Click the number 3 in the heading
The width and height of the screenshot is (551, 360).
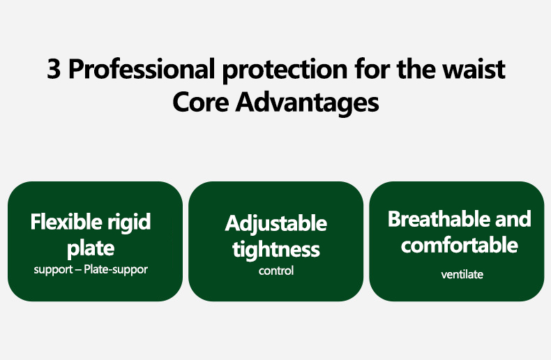tap(54, 69)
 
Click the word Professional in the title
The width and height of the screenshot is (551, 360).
tap(142, 68)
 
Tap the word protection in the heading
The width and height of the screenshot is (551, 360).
tap(285, 70)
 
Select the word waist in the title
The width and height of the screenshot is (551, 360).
tap(474, 69)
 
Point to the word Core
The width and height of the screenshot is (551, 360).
tap(201, 103)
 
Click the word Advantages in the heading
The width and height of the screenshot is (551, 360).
tap(308, 104)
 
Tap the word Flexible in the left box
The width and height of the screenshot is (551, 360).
tap(66, 221)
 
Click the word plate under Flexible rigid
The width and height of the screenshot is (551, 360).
tap(91, 248)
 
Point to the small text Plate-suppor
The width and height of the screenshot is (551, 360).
tap(116, 269)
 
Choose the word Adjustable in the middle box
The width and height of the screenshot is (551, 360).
tap(276, 224)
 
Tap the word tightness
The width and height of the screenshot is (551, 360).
tap(276, 250)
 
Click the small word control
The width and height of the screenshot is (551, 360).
tap(276, 271)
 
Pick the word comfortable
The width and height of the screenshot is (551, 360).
tap(460, 245)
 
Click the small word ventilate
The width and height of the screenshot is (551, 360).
tap(462, 275)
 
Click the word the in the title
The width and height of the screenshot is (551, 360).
tap(417, 68)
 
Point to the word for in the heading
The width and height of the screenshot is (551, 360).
tap(372, 68)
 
